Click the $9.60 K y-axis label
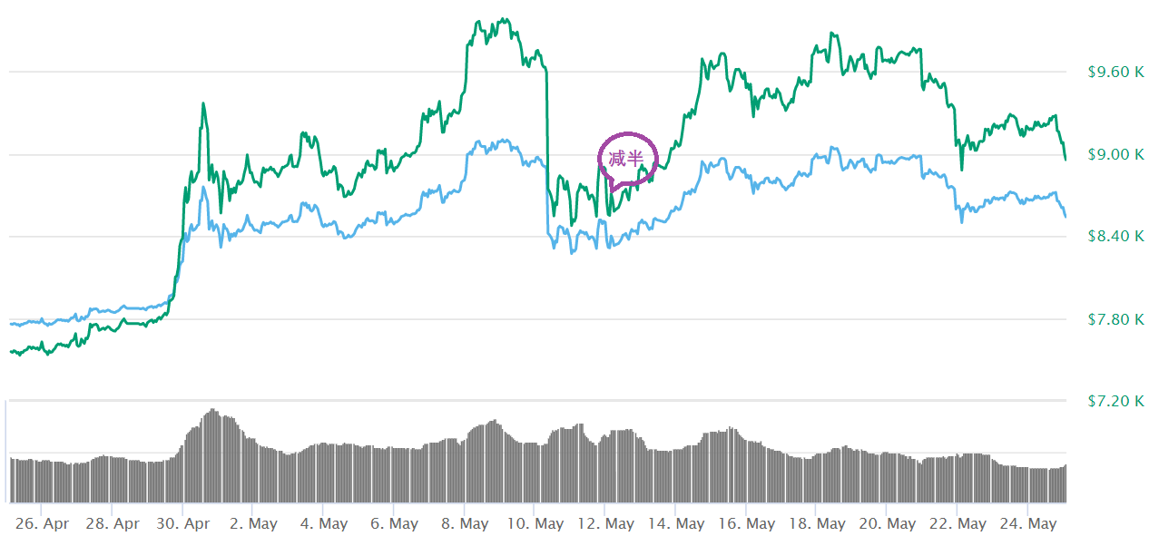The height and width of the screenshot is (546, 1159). [x=1115, y=72]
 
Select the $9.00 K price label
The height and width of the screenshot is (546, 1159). [x=1115, y=154]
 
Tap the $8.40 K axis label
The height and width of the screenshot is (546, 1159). [x=1115, y=237]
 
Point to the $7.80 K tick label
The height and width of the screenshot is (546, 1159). [x=1115, y=319]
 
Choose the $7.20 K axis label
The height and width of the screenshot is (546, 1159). [x=1115, y=400]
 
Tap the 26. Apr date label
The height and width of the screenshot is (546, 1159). [x=44, y=524]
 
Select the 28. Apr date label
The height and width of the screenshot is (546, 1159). [x=113, y=524]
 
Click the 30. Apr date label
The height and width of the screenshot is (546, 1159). [x=184, y=524]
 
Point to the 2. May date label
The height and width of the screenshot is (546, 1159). [x=254, y=524]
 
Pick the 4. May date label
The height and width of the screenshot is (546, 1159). [x=324, y=524]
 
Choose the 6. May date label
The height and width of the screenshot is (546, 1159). [x=395, y=524]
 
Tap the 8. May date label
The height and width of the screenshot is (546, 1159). [x=465, y=524]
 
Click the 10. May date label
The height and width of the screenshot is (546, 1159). [x=535, y=524]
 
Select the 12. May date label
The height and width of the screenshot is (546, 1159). [x=605, y=524]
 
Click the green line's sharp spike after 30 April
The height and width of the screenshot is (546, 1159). [x=203, y=103]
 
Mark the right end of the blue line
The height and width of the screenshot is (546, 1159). [x=1065, y=216]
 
